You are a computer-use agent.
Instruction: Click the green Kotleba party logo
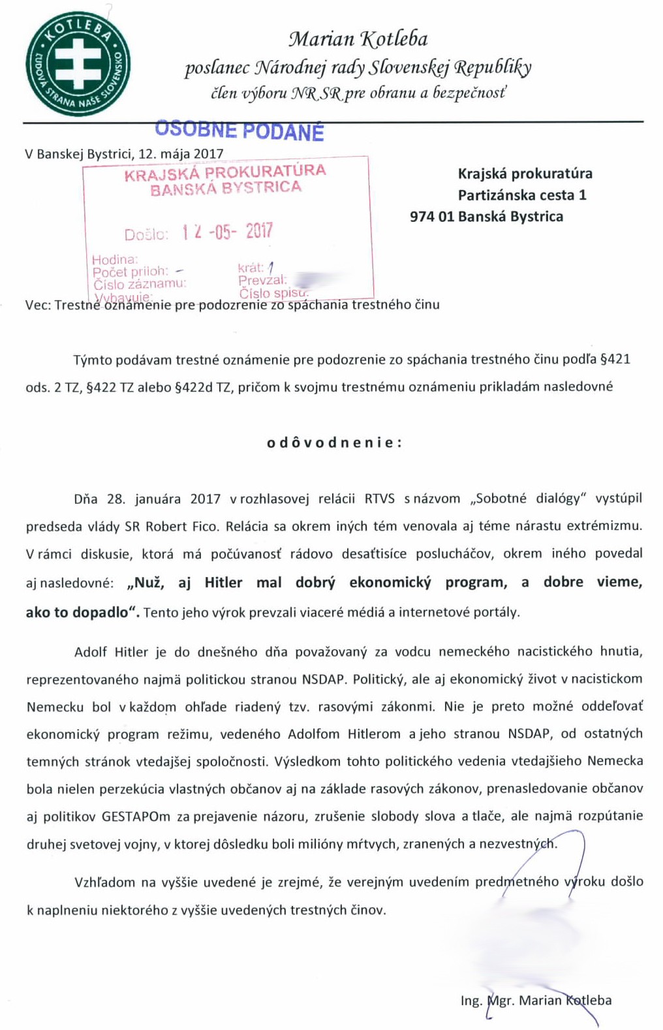(78, 63)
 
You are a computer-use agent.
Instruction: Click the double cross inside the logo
(78, 62)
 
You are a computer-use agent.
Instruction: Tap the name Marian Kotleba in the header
(358, 39)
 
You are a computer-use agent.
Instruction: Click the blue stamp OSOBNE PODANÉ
(239, 131)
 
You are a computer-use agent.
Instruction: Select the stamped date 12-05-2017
(227, 232)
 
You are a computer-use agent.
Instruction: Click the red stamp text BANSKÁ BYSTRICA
(226, 189)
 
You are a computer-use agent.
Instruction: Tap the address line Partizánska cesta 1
(521, 195)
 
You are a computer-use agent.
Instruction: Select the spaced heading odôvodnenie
(334, 443)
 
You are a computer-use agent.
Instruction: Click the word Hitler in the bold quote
(223, 582)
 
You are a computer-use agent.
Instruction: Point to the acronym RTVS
(379, 499)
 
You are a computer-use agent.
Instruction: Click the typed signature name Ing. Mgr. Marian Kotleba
(536, 1000)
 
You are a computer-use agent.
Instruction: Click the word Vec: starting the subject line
(38, 305)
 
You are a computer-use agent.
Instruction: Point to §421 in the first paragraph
(614, 359)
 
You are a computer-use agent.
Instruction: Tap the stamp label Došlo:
(146, 234)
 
